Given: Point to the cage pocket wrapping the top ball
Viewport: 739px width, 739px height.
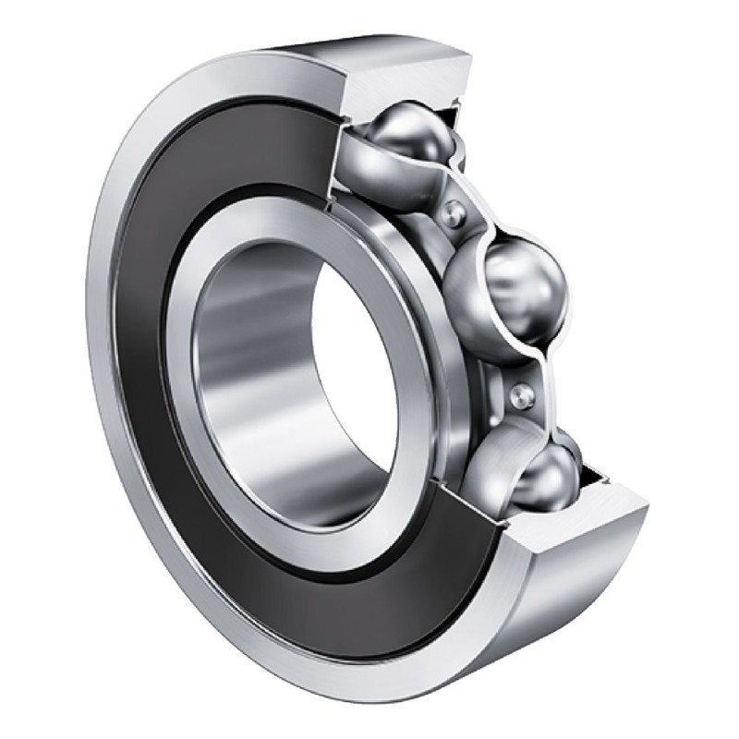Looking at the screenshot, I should tap(388, 176).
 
